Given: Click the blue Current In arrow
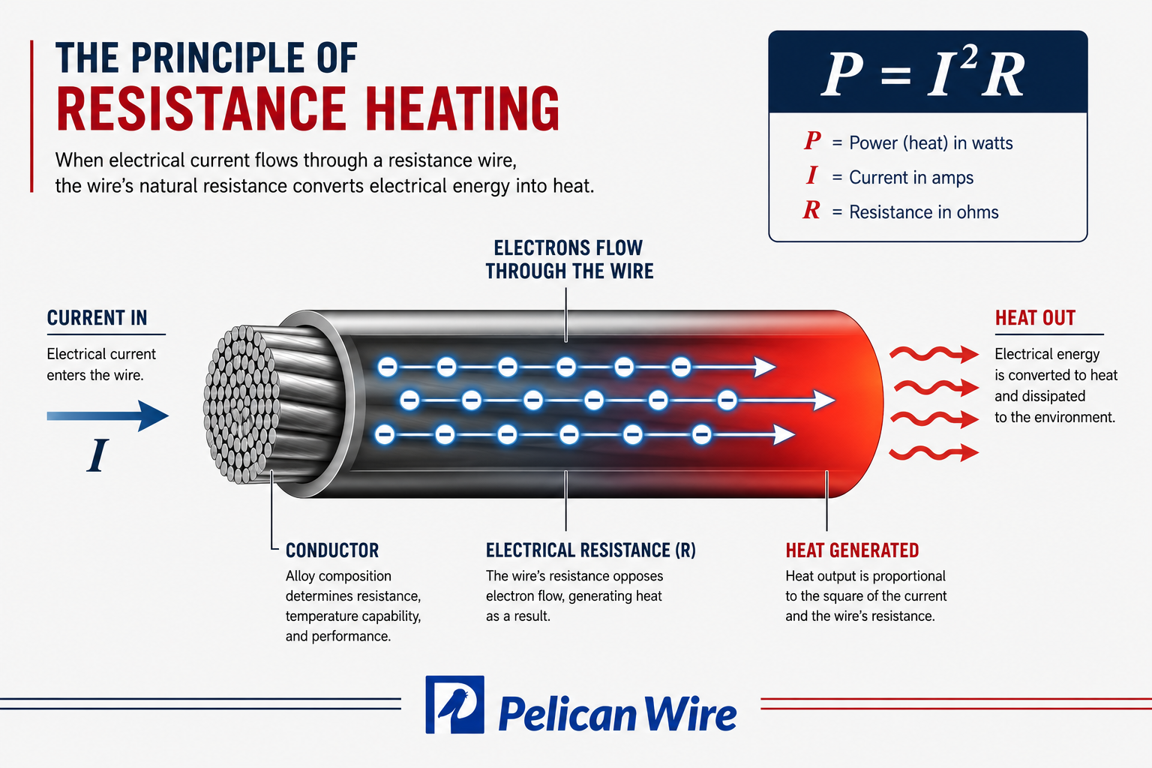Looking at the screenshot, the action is (x=107, y=415).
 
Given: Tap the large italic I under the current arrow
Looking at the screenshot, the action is (x=97, y=455).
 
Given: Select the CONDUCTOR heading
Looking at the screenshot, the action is (x=332, y=550).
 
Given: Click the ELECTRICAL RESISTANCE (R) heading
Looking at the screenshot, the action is (x=591, y=550).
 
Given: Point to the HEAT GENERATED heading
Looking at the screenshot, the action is (x=852, y=550).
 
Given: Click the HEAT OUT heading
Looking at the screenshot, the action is (x=1035, y=318).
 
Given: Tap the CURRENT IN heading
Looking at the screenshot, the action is (x=97, y=318).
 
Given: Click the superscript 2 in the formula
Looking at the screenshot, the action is (x=968, y=56).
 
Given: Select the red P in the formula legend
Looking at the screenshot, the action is (x=812, y=140).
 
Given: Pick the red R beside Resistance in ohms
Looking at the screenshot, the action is (x=811, y=210).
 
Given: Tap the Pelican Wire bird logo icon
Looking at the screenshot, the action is (x=454, y=704).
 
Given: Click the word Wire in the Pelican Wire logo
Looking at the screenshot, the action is (x=690, y=713).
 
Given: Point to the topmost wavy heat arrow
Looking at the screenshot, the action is (x=934, y=353).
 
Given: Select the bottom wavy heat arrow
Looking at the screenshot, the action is (x=934, y=453).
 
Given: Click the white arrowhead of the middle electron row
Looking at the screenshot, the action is (x=823, y=400).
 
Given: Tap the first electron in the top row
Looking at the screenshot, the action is (x=387, y=367).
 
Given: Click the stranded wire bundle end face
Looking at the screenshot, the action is (x=241, y=404).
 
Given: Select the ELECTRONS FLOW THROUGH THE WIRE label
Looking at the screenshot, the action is (x=569, y=259).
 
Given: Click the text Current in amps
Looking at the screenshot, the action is (x=910, y=178).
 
